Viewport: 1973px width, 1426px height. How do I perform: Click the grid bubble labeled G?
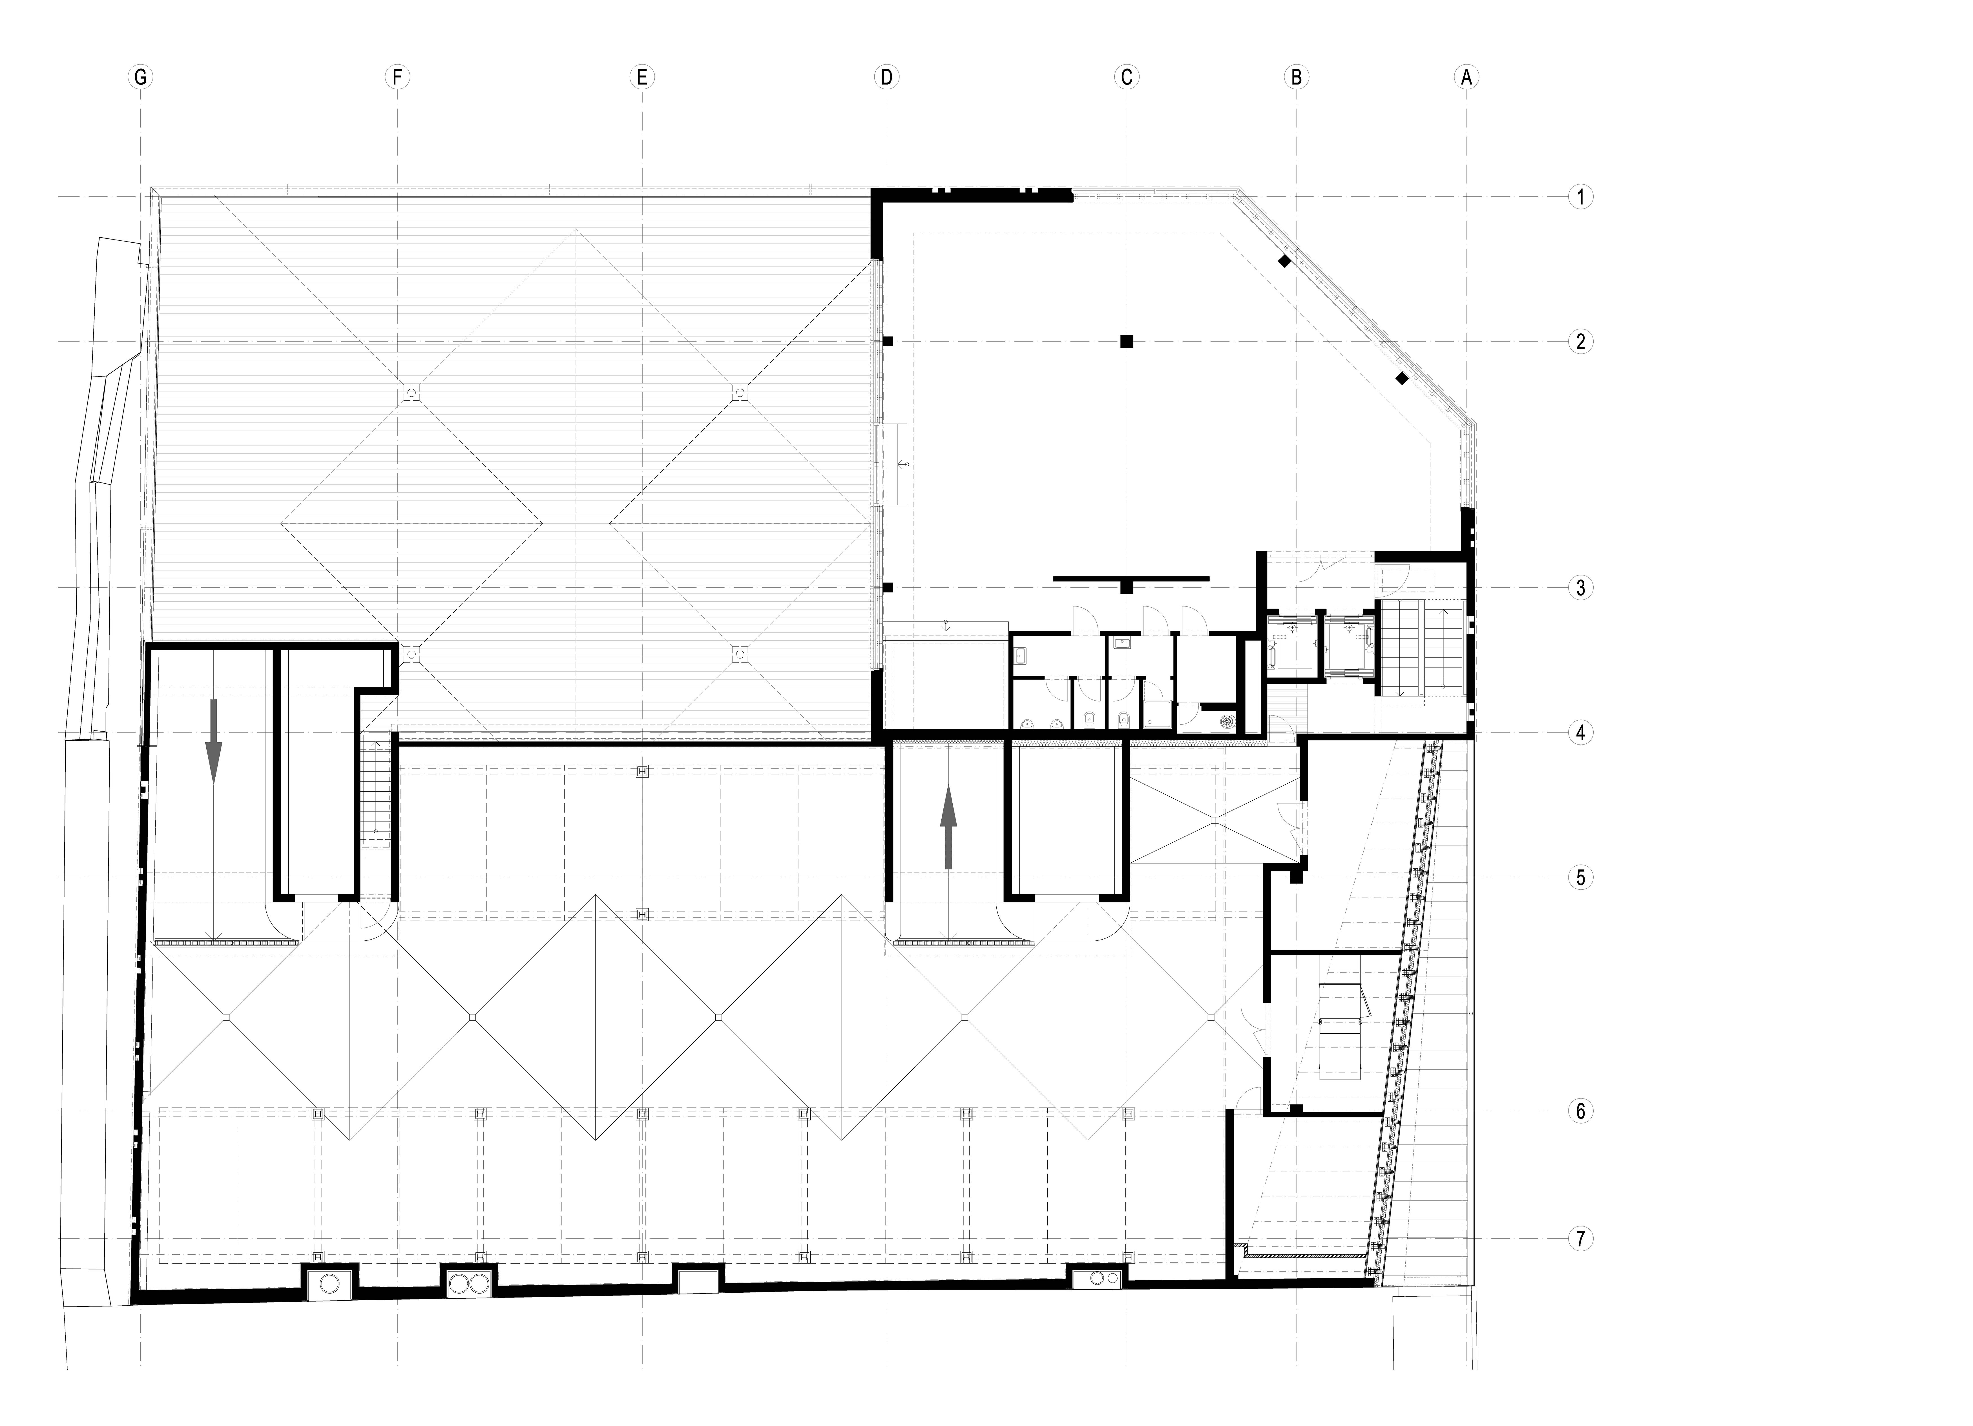click(x=139, y=77)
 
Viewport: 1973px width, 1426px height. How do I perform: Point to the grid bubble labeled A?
click(x=1467, y=77)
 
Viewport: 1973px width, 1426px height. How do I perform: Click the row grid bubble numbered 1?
click(x=1581, y=197)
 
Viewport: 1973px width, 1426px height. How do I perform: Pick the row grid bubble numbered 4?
click(x=1581, y=732)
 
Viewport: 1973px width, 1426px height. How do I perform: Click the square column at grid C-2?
click(x=1127, y=341)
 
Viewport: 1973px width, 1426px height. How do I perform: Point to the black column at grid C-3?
click(x=1127, y=587)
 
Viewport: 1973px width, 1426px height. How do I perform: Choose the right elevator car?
click(x=1347, y=646)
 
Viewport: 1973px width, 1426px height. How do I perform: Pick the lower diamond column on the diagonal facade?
click(x=1401, y=378)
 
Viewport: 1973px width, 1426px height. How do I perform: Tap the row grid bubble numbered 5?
click(x=1581, y=877)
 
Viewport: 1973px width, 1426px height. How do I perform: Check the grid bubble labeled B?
click(x=1296, y=77)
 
